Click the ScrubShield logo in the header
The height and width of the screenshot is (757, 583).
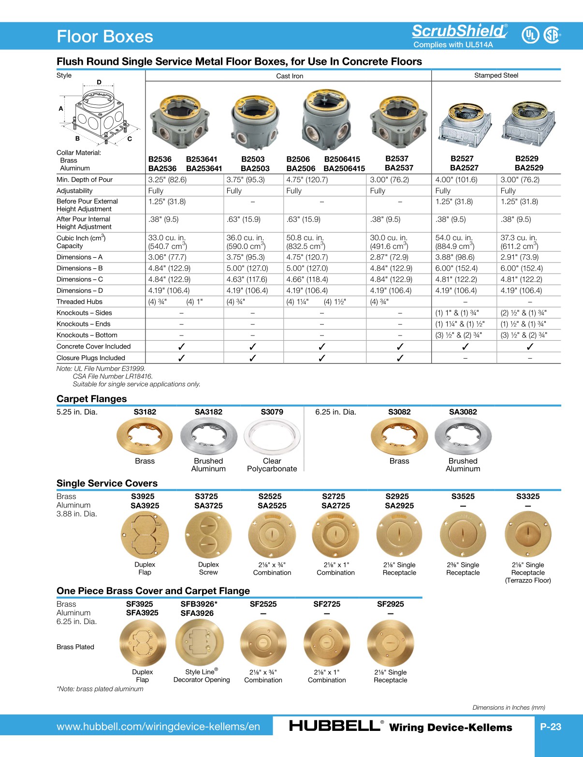pyautogui.click(x=459, y=31)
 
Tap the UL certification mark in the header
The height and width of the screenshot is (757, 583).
pyautogui.click(x=530, y=35)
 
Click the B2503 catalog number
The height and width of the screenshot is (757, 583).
pyautogui.click(x=253, y=159)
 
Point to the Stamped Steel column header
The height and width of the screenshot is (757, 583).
pyautogui.click(x=496, y=75)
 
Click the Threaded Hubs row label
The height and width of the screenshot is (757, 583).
pyautogui.click(x=79, y=302)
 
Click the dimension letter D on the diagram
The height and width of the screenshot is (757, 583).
pyautogui.click(x=99, y=82)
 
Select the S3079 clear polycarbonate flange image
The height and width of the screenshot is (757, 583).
pyautogui.click(x=272, y=436)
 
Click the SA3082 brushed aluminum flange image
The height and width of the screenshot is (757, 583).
pyautogui.click(x=463, y=436)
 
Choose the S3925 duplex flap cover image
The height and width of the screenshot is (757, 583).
pyautogui.click(x=145, y=535)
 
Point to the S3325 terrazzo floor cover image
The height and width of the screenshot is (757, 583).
pyautogui.click(x=528, y=535)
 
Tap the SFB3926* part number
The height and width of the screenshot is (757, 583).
pyautogui.click(x=199, y=604)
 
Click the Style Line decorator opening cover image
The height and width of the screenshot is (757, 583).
pyautogui.click(x=199, y=642)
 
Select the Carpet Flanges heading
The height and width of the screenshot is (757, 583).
pyautogui.click(x=91, y=399)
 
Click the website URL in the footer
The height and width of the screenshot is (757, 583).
pyautogui.click(x=158, y=727)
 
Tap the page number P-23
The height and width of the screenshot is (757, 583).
pyautogui.click(x=551, y=727)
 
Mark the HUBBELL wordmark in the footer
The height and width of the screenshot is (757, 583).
pyautogui.click(x=334, y=726)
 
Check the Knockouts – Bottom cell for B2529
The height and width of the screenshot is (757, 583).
pyautogui.click(x=524, y=335)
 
